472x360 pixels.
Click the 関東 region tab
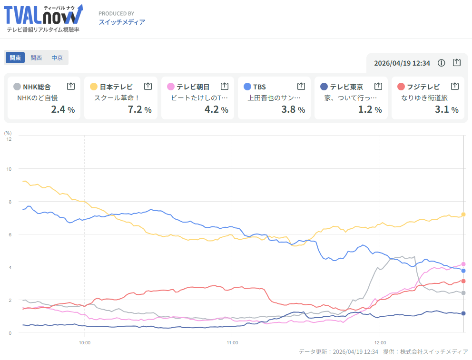(15, 58)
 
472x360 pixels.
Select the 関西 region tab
(36, 58)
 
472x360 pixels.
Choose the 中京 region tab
(57, 58)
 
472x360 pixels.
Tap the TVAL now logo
(43, 18)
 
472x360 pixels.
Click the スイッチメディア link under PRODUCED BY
(122, 22)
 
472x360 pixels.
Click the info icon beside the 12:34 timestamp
(441, 63)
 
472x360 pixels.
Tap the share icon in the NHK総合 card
(71, 86)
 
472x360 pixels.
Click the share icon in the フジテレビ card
(454, 86)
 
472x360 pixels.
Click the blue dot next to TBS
(247, 87)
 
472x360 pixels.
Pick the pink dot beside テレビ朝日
(171, 87)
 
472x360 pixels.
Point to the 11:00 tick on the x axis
(232, 342)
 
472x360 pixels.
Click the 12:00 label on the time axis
(380, 342)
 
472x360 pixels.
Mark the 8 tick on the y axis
(9, 202)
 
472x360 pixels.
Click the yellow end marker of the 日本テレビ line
(463, 214)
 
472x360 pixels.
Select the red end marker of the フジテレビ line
(463, 281)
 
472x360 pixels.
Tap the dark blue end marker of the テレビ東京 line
(463, 313)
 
